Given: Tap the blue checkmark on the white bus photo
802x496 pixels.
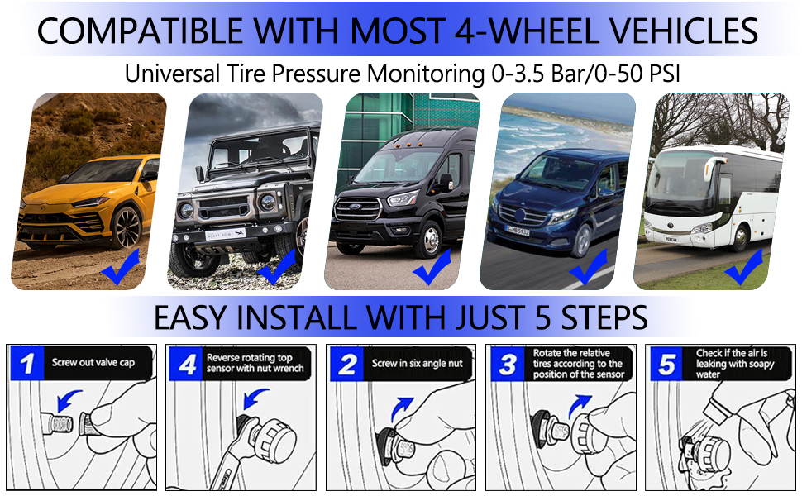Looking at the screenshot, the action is [x=743, y=266].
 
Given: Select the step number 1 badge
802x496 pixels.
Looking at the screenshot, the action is [x=28, y=363].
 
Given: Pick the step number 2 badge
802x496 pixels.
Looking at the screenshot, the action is [x=348, y=363].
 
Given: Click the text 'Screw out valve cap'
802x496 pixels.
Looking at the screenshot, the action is [x=93, y=362].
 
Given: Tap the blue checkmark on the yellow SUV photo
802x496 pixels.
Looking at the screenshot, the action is [x=121, y=269].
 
